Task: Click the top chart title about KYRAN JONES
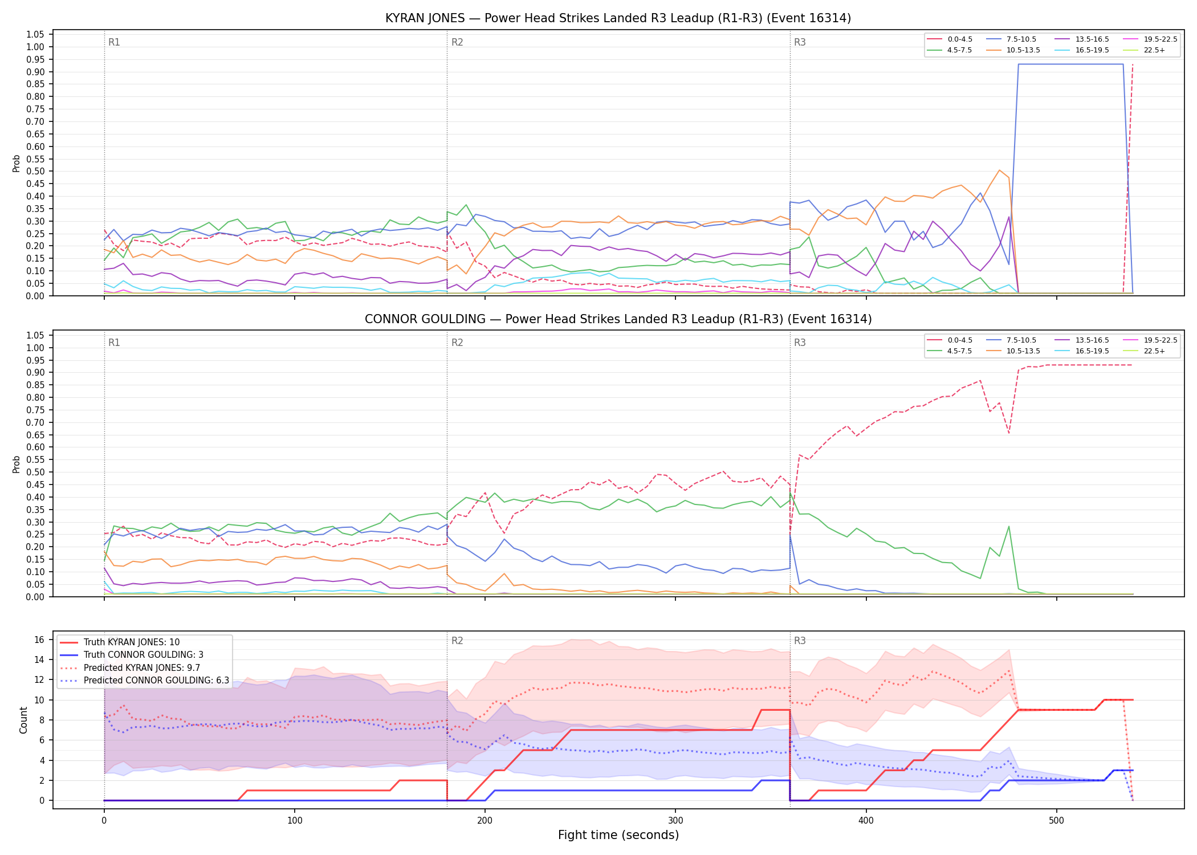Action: pyautogui.click(x=618, y=18)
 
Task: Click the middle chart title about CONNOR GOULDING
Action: pyautogui.click(x=618, y=319)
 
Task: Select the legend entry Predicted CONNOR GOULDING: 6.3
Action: pyautogui.click(x=144, y=681)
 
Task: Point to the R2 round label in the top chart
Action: pyautogui.click(x=457, y=42)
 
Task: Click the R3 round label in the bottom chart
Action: pyautogui.click(x=800, y=641)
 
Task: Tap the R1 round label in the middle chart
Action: pyautogui.click(x=114, y=343)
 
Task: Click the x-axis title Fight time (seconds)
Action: pyautogui.click(x=618, y=835)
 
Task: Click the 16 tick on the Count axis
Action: pyautogui.click(x=39, y=640)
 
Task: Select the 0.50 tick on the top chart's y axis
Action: pyautogui.click(x=35, y=172)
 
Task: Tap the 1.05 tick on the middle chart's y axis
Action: pyautogui.click(x=35, y=335)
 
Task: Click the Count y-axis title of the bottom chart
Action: pyautogui.click(x=23, y=720)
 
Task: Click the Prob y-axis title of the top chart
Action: pyautogui.click(x=17, y=164)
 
